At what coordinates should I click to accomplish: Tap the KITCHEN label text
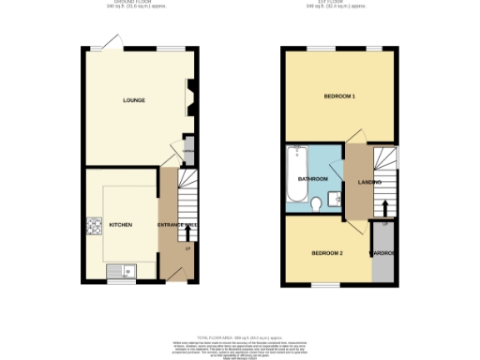121,225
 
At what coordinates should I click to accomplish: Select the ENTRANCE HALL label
177,226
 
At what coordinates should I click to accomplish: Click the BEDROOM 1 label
339,97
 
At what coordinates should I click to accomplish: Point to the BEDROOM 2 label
327,253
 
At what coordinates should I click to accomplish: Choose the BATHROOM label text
312,178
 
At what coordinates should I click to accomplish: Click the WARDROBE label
383,254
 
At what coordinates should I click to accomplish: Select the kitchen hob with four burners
95,226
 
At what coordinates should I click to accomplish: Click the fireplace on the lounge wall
189,96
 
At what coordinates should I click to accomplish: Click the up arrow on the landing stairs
383,206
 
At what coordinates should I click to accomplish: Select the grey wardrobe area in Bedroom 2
383,262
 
